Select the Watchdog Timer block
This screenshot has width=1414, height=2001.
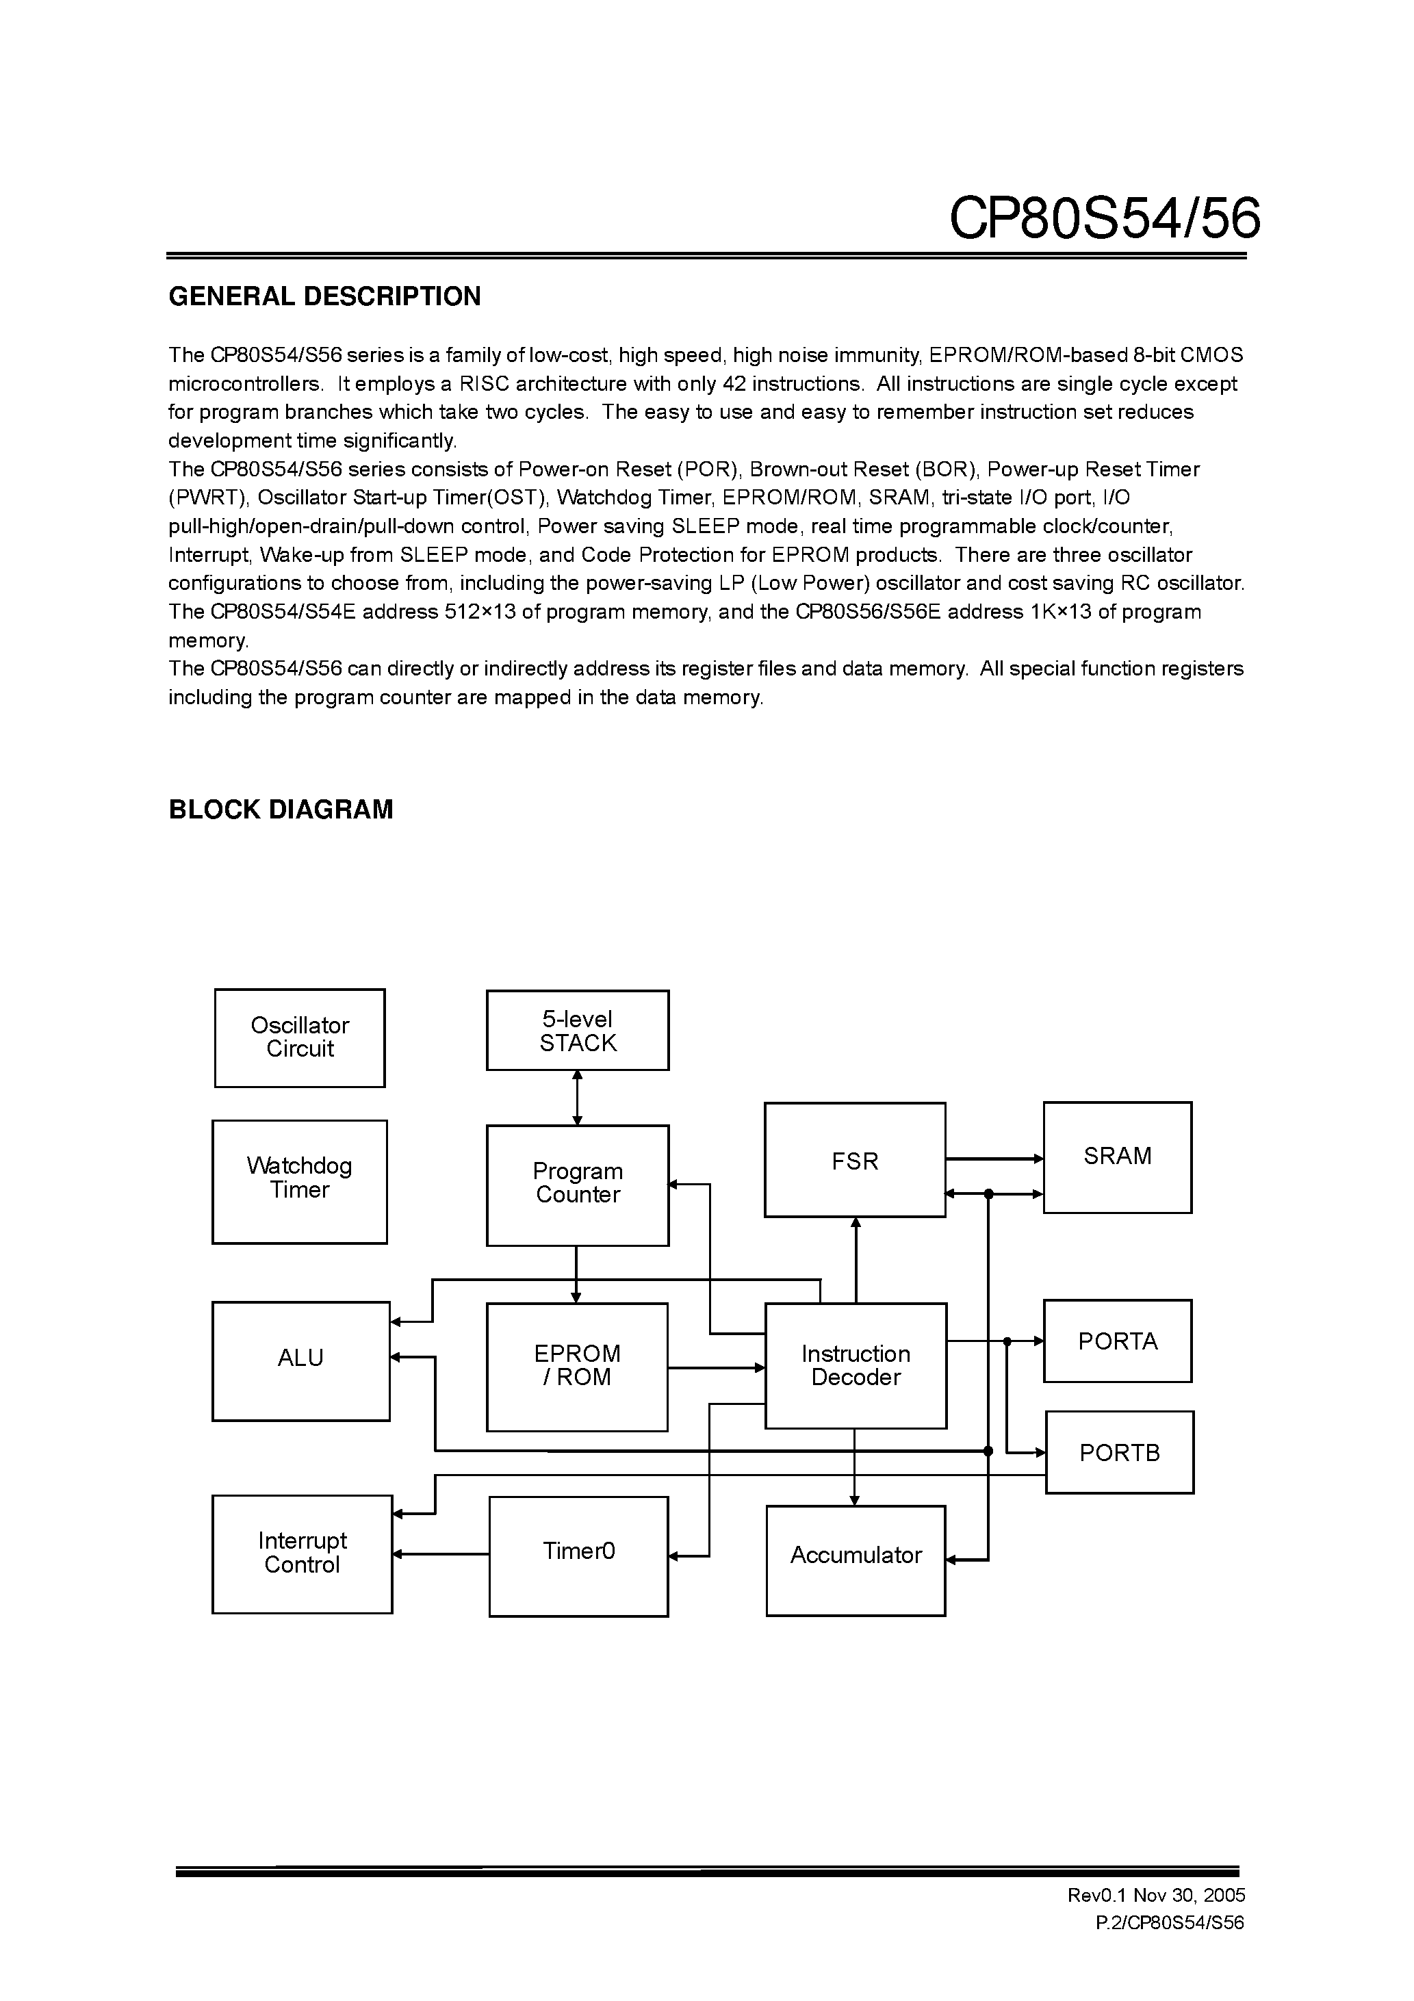(299, 1181)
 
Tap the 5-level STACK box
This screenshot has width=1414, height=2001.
(577, 1030)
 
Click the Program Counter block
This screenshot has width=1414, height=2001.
(577, 1185)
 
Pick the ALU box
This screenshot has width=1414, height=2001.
(300, 1360)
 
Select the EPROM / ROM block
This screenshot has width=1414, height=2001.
(576, 1367)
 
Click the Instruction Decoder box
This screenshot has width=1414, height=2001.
(856, 1366)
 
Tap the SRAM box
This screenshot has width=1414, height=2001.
(1117, 1157)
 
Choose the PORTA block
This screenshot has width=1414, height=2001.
(1117, 1341)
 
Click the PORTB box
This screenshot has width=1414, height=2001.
(1119, 1452)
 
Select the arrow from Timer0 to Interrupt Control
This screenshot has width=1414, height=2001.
(440, 1554)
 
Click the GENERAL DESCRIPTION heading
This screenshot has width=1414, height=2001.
(324, 296)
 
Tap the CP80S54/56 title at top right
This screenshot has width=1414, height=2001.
(1104, 218)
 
